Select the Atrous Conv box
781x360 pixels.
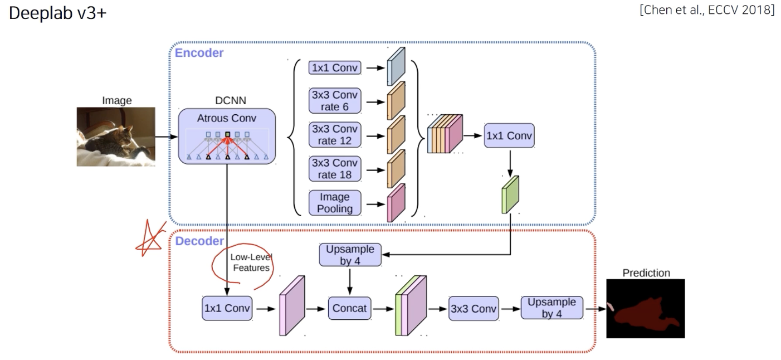(x=227, y=135)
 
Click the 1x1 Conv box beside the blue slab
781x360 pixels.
(x=335, y=68)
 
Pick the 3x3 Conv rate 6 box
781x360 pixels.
(x=335, y=101)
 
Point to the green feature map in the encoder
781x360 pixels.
(x=510, y=194)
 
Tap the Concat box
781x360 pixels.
(x=350, y=308)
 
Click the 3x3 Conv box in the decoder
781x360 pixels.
(x=473, y=308)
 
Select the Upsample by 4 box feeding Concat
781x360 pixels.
(x=350, y=254)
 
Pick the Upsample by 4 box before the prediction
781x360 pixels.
(x=551, y=307)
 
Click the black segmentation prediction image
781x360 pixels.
(x=645, y=308)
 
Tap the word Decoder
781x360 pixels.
(x=199, y=241)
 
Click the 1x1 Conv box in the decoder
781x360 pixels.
(x=227, y=308)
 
